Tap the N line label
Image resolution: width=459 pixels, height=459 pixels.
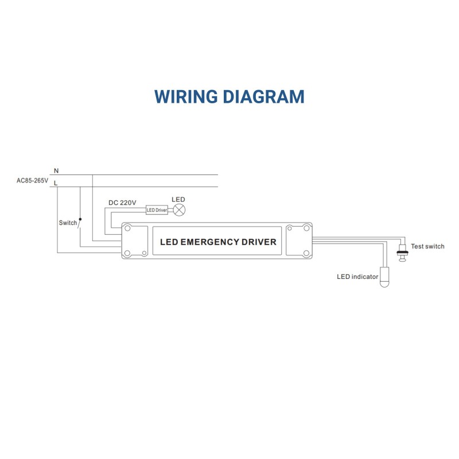[56, 170]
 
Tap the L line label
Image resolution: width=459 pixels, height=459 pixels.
[56, 183]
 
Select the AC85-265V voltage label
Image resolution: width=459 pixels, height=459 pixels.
[32, 180]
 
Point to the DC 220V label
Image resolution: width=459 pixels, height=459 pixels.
[122, 203]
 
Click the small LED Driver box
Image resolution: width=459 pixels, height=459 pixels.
[157, 210]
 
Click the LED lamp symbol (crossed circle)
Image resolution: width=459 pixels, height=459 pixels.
[179, 210]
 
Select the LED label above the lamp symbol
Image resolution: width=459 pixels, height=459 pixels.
[179, 199]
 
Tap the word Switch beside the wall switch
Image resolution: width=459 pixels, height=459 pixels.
[68, 223]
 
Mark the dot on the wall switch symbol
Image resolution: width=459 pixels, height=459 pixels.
[80, 219]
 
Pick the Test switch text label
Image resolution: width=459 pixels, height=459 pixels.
[427, 246]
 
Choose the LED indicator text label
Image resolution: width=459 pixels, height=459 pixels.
[357, 277]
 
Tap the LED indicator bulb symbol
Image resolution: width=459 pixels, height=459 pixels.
[384, 275]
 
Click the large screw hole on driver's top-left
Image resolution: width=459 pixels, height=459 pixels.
[127, 228]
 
